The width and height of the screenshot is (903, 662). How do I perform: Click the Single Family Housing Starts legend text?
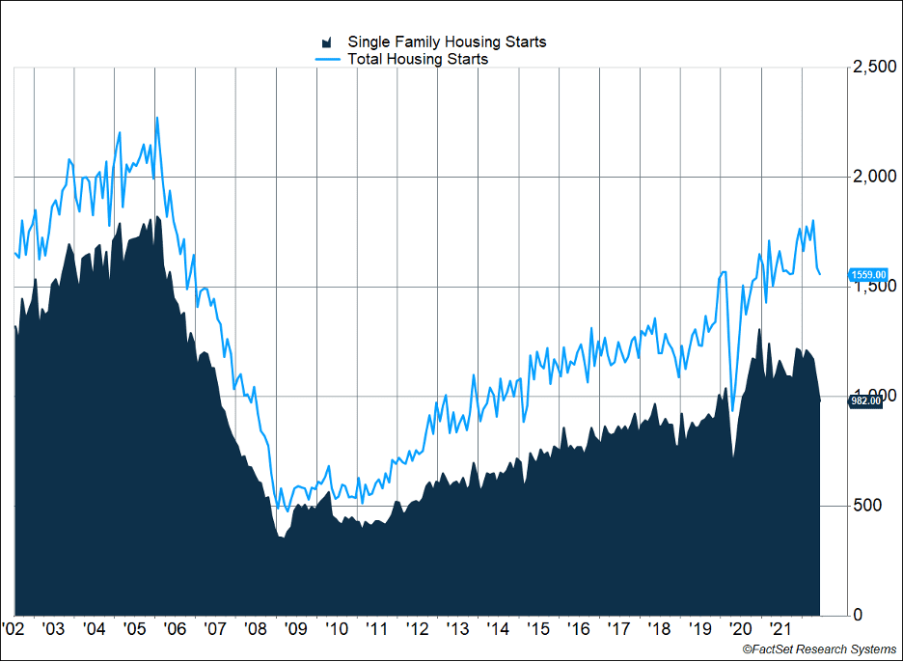(x=447, y=41)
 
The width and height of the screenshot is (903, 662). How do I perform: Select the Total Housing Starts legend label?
(x=418, y=59)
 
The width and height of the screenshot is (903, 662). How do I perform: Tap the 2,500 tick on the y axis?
(x=872, y=67)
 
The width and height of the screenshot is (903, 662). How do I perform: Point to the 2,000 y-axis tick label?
(x=872, y=177)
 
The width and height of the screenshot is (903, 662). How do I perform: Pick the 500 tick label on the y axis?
(x=865, y=506)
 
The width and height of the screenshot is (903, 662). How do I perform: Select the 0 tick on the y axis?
(x=858, y=615)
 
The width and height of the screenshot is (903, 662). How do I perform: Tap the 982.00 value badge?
(x=866, y=401)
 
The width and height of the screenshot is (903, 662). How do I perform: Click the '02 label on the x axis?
(x=14, y=629)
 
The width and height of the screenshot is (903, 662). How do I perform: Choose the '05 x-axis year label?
(x=136, y=629)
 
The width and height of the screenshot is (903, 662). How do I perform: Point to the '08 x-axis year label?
(x=257, y=629)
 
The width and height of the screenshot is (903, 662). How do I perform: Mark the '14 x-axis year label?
(x=499, y=629)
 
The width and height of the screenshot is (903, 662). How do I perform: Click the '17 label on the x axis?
(x=619, y=629)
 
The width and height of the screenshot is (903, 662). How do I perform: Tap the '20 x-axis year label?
(x=741, y=629)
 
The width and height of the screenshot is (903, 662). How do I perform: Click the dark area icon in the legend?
(x=327, y=42)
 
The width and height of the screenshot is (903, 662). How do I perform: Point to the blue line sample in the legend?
(x=328, y=59)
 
